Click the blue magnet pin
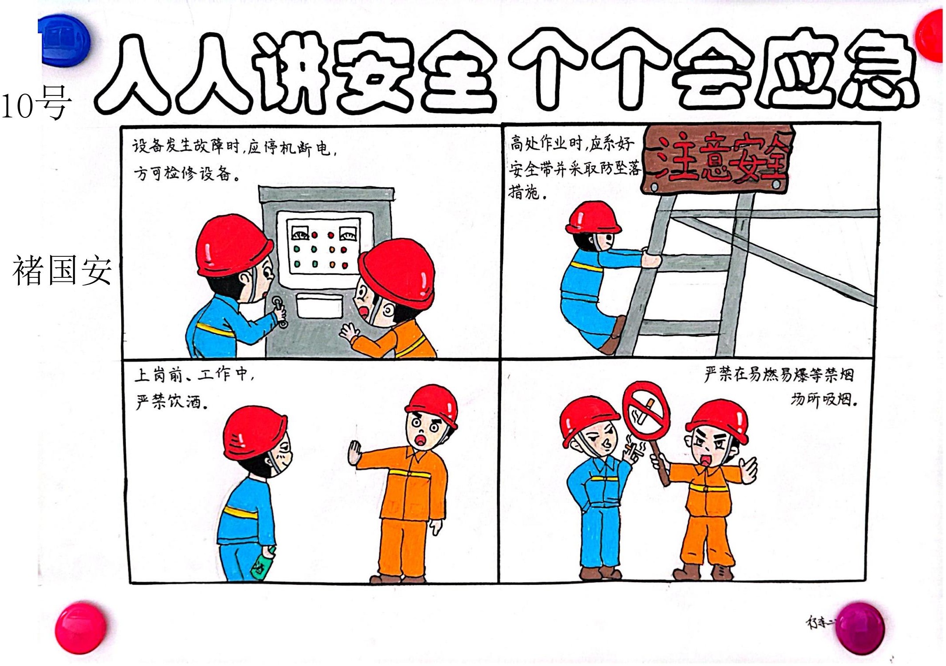[65, 40]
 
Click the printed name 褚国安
[62, 270]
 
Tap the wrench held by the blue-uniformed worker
[280, 311]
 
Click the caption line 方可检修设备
[187, 174]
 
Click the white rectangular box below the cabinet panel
[320, 306]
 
